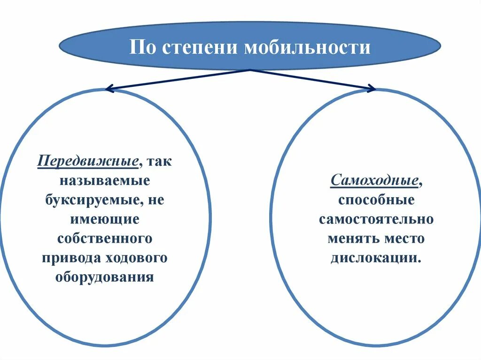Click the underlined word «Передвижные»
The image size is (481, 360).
tap(88, 161)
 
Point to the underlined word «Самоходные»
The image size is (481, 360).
tap(375, 180)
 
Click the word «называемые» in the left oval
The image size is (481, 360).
tap(105, 181)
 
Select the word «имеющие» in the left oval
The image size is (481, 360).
tap(105, 219)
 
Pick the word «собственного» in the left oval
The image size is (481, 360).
tap(105, 238)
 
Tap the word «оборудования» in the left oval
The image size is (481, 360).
tap(105, 276)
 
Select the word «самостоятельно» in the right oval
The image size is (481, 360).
tap(376, 219)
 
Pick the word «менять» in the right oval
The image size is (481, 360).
tap(351, 238)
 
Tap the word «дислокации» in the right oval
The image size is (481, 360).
tap(373, 258)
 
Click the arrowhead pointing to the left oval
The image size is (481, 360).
tap(109, 88)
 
